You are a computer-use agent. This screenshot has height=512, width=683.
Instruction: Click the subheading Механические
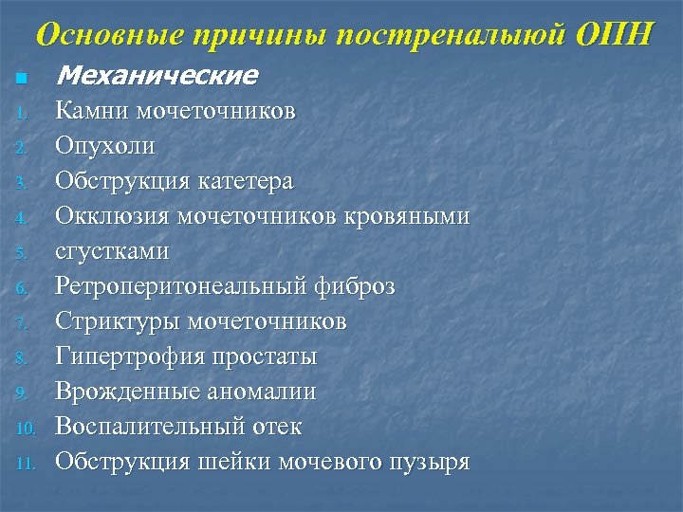[x=157, y=75]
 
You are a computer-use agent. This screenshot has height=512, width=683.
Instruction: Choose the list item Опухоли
[x=104, y=146]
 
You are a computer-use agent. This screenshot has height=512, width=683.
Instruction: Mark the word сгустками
[x=112, y=251]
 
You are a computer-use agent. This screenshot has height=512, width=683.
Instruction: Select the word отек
[x=279, y=427]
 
